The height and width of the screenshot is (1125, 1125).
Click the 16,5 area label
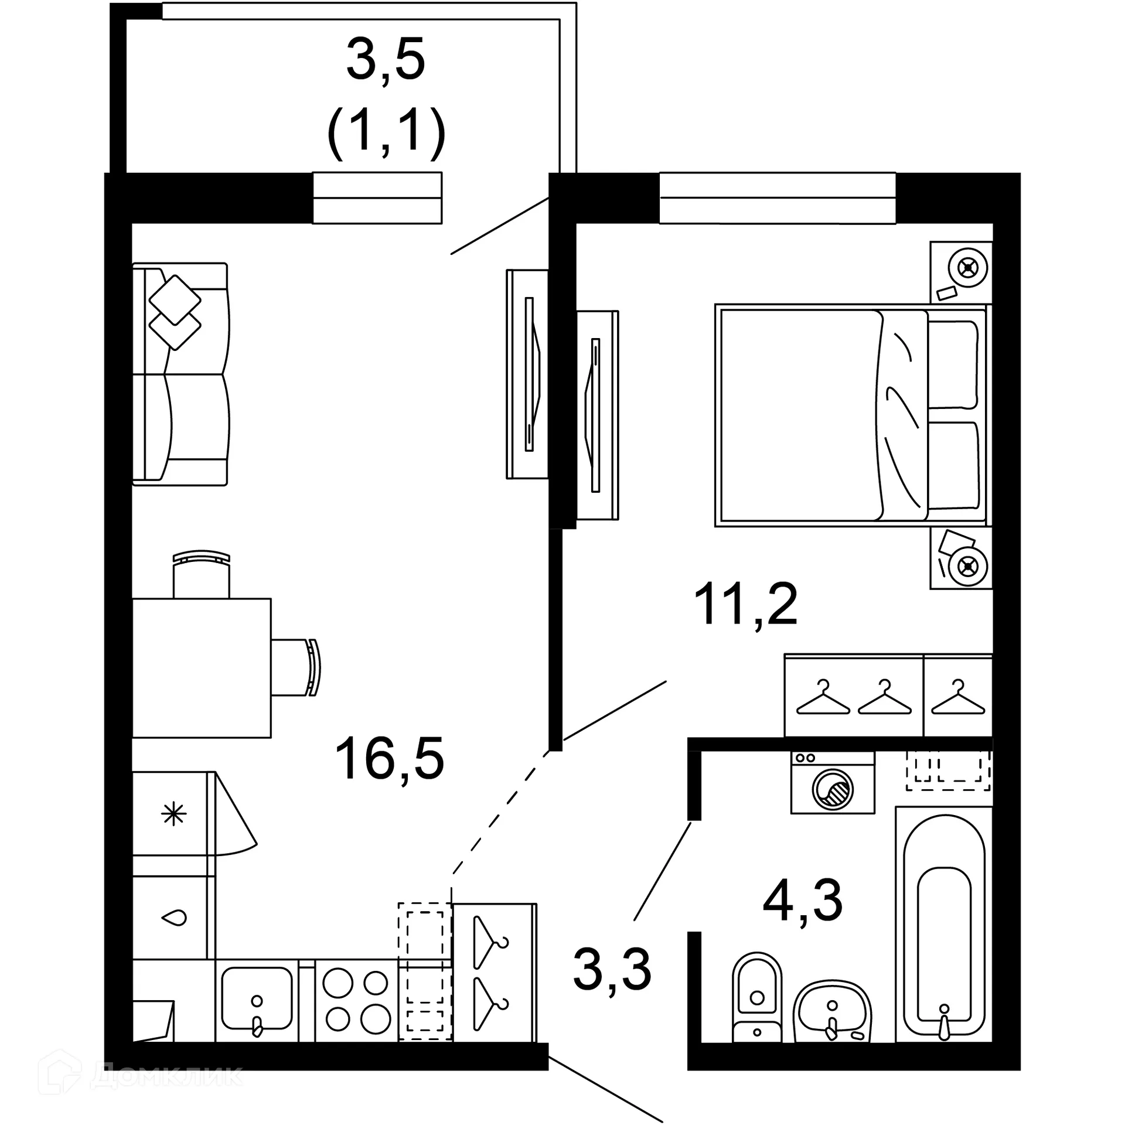click(389, 759)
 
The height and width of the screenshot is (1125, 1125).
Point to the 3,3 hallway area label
click(612, 970)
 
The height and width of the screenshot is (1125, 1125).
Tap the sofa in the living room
click(180, 374)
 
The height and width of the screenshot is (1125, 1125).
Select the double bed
click(850, 415)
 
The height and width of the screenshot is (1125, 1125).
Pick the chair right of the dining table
click(296, 667)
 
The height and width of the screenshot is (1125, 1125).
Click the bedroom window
click(777, 198)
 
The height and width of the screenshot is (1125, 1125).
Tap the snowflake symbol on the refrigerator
click(174, 814)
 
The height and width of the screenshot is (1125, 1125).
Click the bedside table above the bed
click(961, 272)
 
